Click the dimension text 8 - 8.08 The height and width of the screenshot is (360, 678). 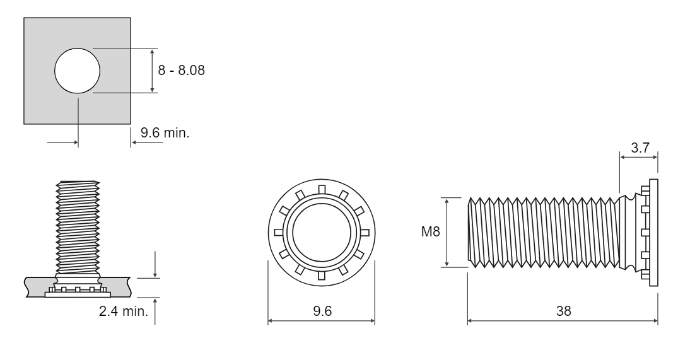pos(181,70)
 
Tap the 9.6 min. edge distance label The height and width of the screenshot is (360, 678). pos(165,132)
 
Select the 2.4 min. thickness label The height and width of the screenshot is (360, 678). pos(124,311)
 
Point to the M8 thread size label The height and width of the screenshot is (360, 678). pos(431,231)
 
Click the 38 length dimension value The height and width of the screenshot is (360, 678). pos(563,311)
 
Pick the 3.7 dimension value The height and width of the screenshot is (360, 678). pos(640,148)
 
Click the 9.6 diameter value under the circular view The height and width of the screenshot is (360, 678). pos(322,311)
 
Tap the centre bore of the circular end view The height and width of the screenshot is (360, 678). pos(321,233)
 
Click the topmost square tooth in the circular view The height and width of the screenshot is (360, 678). pos(321,189)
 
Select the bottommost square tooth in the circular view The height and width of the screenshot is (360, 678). pos(321,276)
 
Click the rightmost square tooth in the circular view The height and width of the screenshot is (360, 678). pos(365,233)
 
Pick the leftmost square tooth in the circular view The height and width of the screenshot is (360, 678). pos(279,233)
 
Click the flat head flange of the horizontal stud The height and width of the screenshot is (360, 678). pos(654,233)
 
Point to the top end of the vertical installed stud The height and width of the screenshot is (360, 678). pos(78,182)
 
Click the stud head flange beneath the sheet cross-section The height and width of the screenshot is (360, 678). pos(78,294)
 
